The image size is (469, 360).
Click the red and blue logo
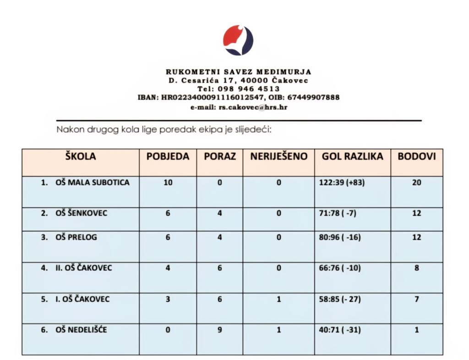tap(238, 40)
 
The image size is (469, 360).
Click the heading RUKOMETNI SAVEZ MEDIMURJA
tap(238, 72)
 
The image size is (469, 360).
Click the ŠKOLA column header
tap(81, 156)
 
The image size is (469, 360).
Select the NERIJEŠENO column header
tap(278, 156)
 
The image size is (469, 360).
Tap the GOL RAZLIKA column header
tap(352, 156)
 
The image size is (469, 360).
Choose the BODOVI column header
tap(416, 156)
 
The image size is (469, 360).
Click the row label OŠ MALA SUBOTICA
tap(92, 183)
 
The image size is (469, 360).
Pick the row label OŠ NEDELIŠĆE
tap(81, 329)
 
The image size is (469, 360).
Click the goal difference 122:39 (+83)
tap(342, 183)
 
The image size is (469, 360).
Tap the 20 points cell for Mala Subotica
tap(416, 183)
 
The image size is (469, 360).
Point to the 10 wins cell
tap(168, 183)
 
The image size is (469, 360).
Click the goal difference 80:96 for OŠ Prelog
tap(339, 238)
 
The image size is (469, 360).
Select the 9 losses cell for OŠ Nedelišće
tap(219, 329)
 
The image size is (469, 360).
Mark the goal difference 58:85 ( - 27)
tap(340, 300)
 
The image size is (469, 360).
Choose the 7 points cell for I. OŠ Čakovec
tap(416, 300)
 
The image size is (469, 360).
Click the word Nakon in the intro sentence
tap(68, 129)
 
